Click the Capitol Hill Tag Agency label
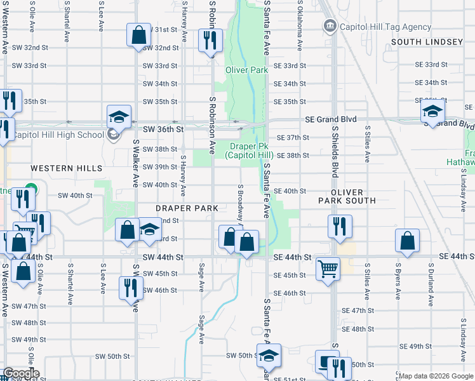[377, 27]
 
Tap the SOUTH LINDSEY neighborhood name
[427, 42]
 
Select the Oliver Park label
[246, 70]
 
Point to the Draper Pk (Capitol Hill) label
[251, 150]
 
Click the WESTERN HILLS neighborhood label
[66, 168]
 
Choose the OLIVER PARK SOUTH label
[347, 196]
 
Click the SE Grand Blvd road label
[330, 119]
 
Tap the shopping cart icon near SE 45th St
[328, 269]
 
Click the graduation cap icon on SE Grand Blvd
[432, 112]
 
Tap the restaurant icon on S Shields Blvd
[340, 226]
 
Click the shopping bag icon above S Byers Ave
[407, 241]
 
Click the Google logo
[20, 373]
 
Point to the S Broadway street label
[241, 203]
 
